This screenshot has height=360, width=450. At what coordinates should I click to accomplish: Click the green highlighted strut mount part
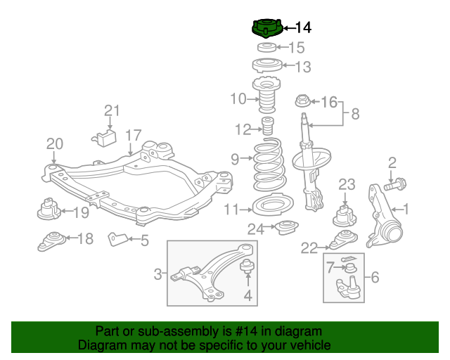(267, 29)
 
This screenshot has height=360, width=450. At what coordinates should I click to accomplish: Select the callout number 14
(303, 28)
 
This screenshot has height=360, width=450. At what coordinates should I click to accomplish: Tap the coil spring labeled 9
(269, 165)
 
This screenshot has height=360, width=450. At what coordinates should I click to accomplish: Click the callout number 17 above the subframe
(134, 135)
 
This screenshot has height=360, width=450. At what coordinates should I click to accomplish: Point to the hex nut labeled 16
(303, 101)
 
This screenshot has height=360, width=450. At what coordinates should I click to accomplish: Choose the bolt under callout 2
(395, 184)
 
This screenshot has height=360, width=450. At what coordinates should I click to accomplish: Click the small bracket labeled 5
(117, 239)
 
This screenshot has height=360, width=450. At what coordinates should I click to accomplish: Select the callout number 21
(112, 110)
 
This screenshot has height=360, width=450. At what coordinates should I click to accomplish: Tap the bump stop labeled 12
(268, 127)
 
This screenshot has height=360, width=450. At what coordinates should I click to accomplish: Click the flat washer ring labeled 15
(266, 47)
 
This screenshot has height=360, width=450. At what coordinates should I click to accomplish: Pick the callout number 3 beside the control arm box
(157, 274)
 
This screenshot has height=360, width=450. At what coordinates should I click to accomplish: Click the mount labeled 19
(49, 209)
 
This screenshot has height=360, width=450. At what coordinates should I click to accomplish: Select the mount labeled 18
(51, 241)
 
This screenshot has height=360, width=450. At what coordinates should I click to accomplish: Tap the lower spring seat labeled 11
(273, 205)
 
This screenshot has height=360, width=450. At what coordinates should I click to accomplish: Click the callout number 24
(256, 229)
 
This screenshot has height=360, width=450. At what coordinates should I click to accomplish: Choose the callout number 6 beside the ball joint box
(375, 277)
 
